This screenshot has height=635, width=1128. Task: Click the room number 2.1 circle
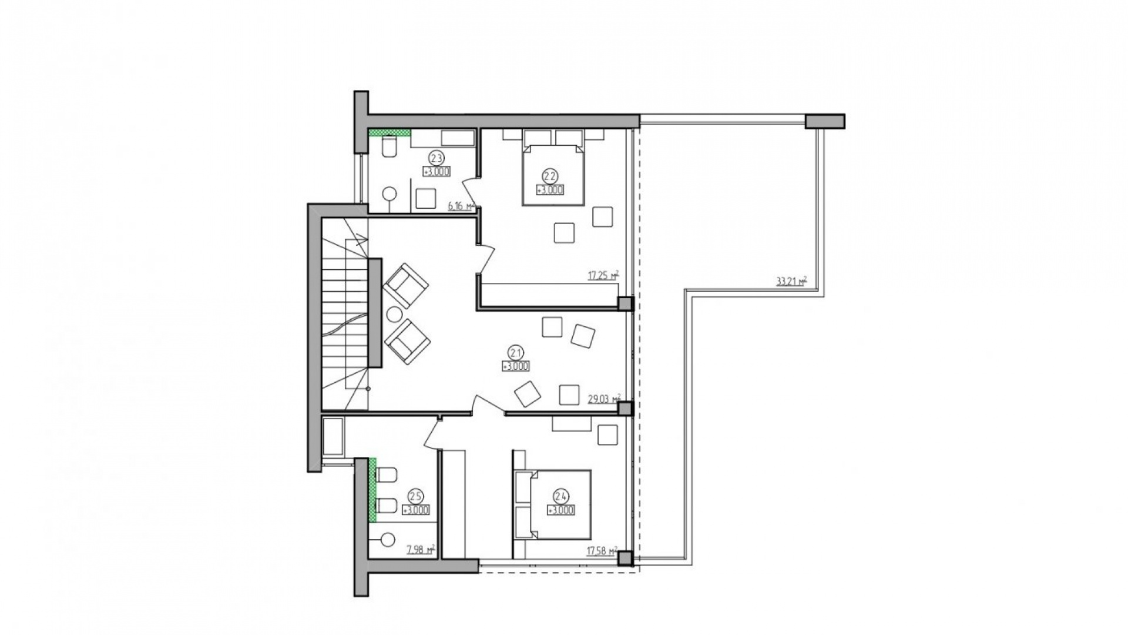pos(516,353)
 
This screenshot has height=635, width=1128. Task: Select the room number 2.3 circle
pos(436,158)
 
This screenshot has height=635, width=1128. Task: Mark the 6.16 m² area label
pos(461,206)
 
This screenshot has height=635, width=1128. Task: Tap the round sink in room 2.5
pos(388,538)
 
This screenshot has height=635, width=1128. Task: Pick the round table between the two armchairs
pos(394,315)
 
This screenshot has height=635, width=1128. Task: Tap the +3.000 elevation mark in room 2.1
pos(516,366)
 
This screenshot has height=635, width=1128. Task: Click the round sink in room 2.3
pos(389,193)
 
